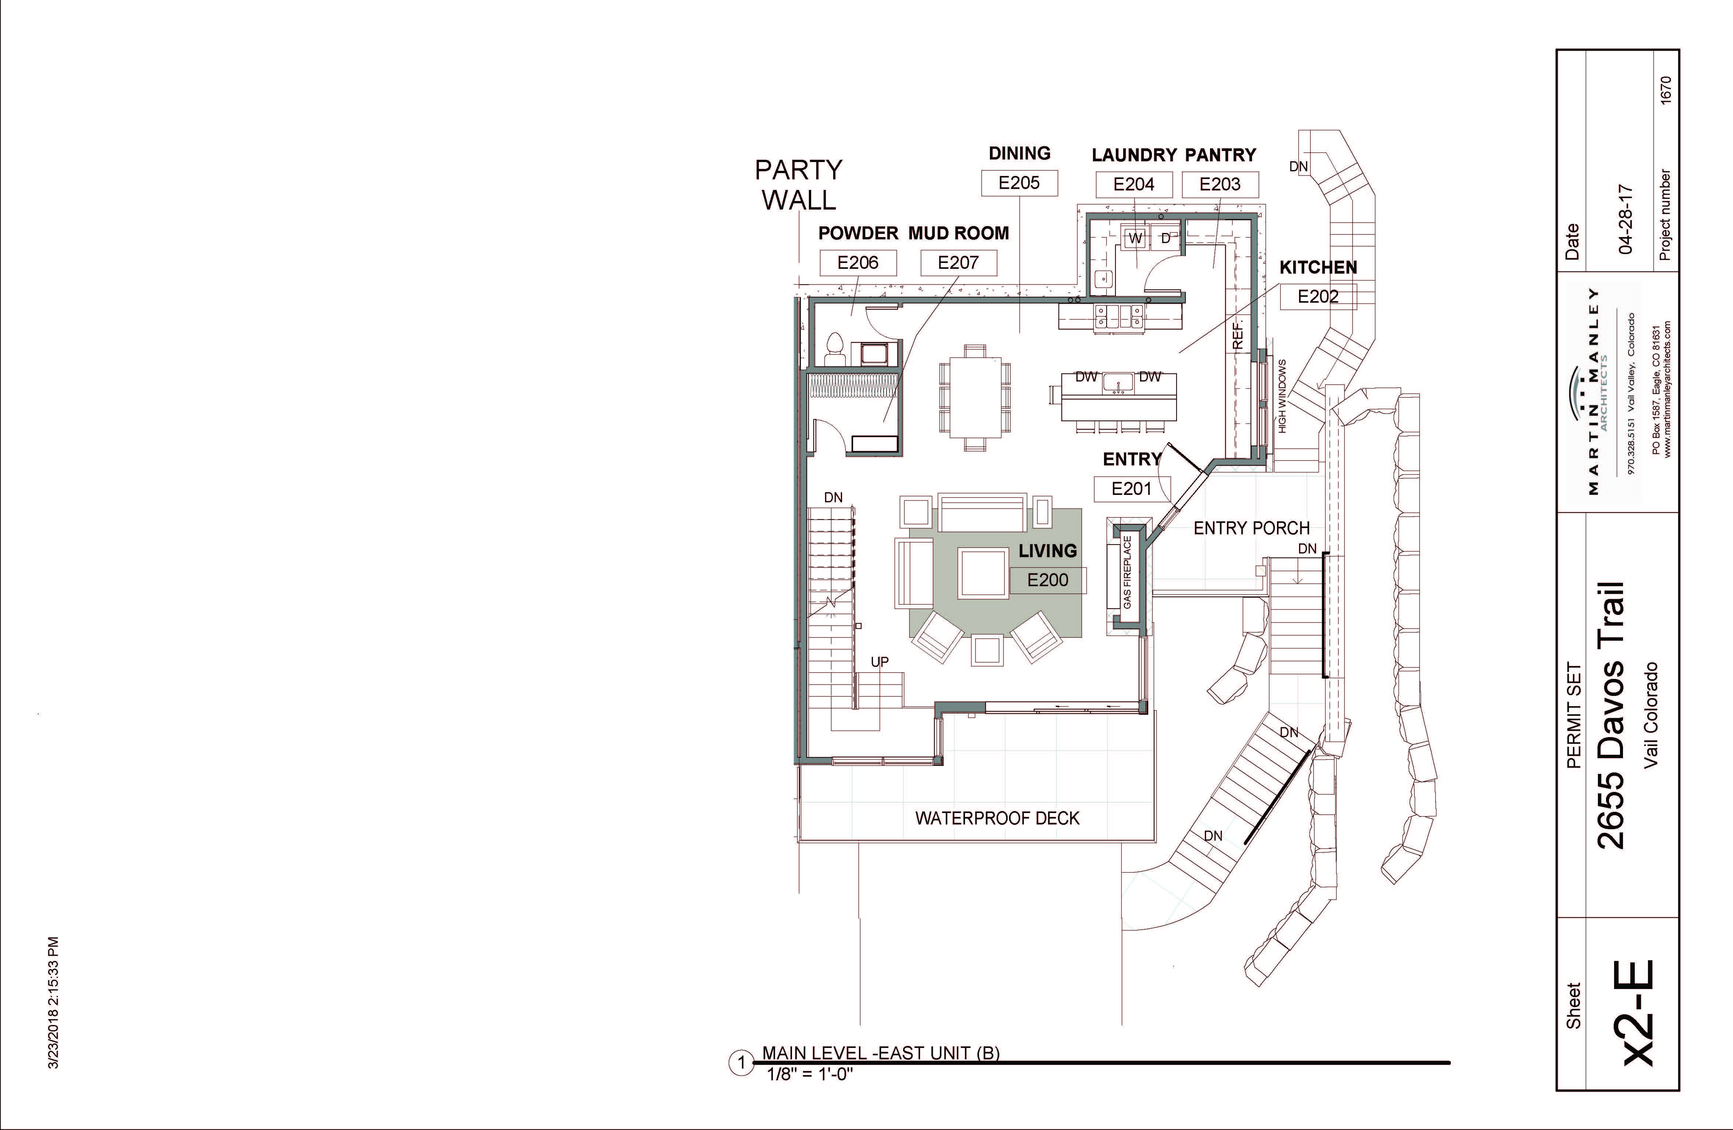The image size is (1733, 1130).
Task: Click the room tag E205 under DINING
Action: click(x=1019, y=183)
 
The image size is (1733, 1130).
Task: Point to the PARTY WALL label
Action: click(x=799, y=185)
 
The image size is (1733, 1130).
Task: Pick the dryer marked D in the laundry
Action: click(x=1165, y=238)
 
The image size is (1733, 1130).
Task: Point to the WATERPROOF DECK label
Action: click(x=998, y=818)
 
